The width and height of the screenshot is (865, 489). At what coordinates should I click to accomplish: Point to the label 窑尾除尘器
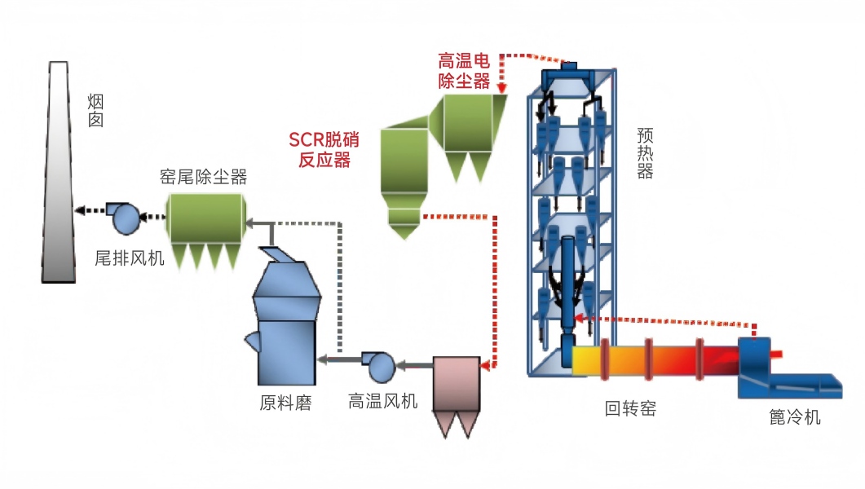(x=204, y=175)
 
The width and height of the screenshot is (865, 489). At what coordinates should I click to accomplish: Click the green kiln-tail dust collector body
(x=205, y=218)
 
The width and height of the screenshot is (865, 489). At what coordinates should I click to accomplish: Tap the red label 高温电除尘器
(x=464, y=70)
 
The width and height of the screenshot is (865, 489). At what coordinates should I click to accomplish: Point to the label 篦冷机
(x=794, y=418)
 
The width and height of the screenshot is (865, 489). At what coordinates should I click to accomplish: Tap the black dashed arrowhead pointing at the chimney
(x=79, y=210)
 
